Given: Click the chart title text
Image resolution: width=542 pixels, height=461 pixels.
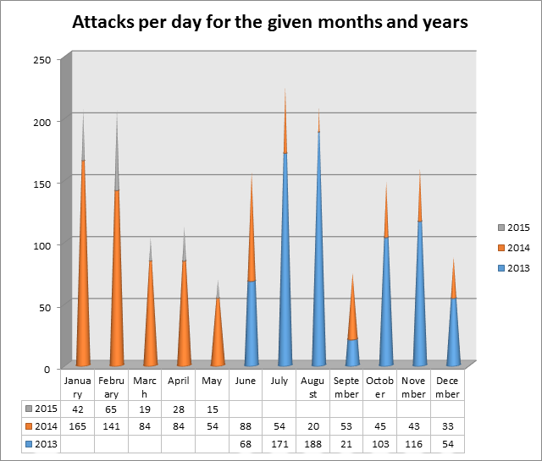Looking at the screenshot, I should coord(270,22).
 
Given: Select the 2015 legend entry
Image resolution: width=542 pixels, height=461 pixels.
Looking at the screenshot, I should coord(514,227).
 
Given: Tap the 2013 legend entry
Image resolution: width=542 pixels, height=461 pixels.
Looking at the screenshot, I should coord(514,267).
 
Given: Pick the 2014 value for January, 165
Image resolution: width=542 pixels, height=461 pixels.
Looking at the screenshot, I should coord(77,425).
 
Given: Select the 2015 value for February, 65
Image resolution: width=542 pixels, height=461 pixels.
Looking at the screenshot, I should coord(111,408).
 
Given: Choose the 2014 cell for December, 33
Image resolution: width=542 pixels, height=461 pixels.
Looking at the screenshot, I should coord(448,425).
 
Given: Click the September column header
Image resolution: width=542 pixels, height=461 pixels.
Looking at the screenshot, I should coord(346,387).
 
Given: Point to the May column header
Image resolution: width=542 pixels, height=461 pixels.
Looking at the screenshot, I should coord(212,381).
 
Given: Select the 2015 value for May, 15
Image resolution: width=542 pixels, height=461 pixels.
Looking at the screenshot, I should coord(212,408).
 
